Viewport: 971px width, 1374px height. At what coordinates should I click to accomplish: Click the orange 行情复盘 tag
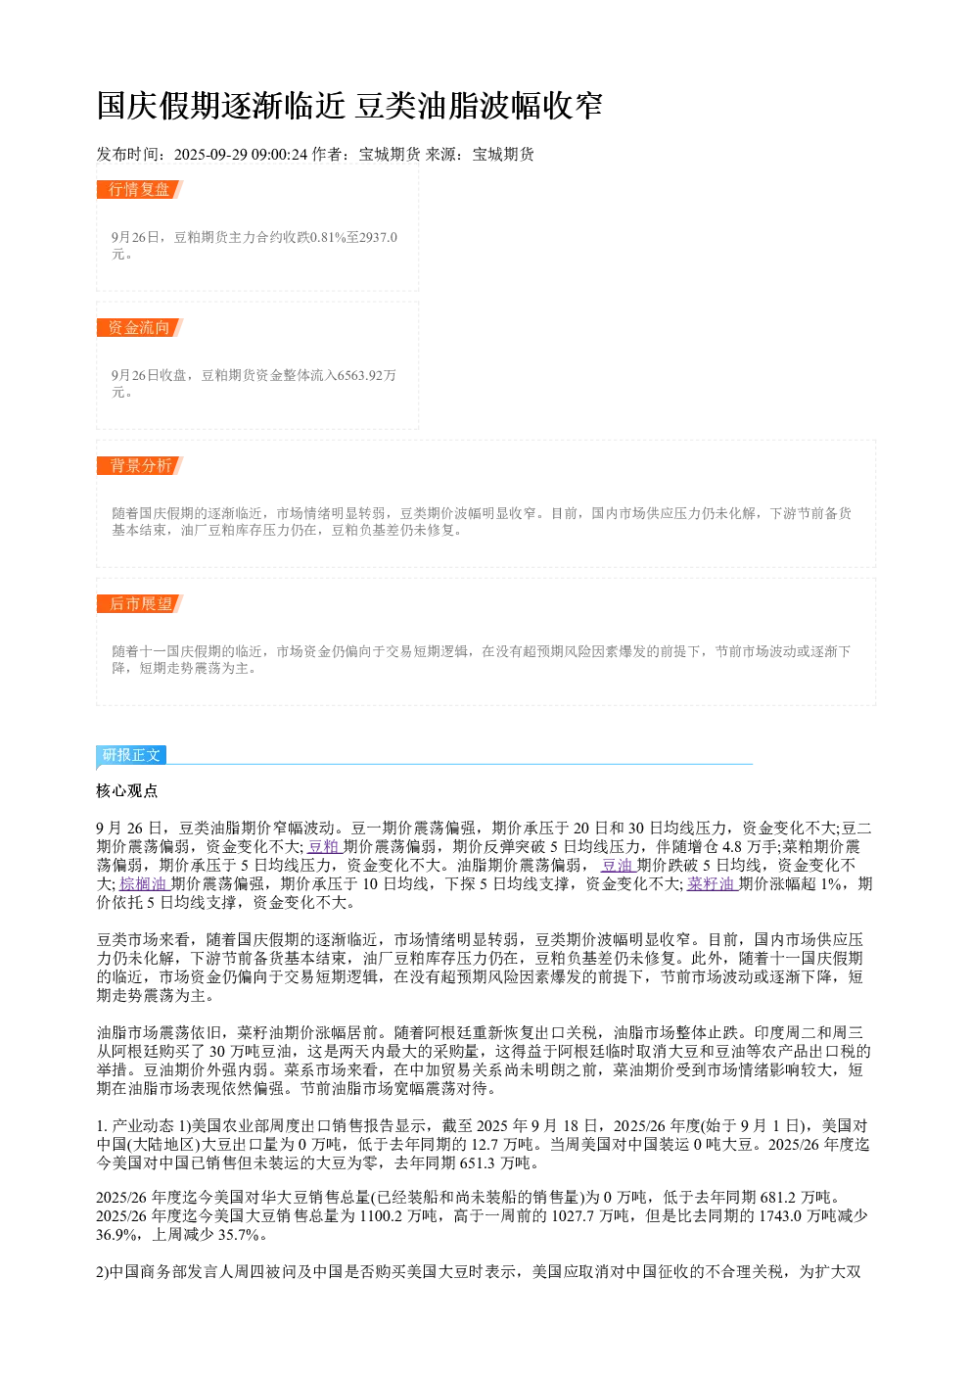(x=140, y=190)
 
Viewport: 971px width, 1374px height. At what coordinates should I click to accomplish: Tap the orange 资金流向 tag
(x=140, y=327)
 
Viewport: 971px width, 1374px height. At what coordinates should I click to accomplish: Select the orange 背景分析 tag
(x=140, y=465)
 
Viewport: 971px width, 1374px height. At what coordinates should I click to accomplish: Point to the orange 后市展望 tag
(x=140, y=603)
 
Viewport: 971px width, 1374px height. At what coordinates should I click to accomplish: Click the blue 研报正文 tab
(x=131, y=754)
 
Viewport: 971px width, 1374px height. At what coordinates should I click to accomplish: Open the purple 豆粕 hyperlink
(x=325, y=846)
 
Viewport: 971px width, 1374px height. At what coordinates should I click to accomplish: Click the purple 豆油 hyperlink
(x=618, y=865)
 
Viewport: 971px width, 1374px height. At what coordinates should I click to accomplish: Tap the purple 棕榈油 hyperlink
(x=145, y=883)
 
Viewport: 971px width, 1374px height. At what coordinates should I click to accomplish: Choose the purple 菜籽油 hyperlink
(x=712, y=883)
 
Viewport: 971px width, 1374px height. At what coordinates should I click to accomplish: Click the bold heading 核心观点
(x=127, y=791)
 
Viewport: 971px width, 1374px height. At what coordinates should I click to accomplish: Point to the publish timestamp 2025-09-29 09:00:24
(x=240, y=154)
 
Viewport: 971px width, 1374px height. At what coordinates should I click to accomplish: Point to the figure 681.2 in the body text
(x=778, y=1198)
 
